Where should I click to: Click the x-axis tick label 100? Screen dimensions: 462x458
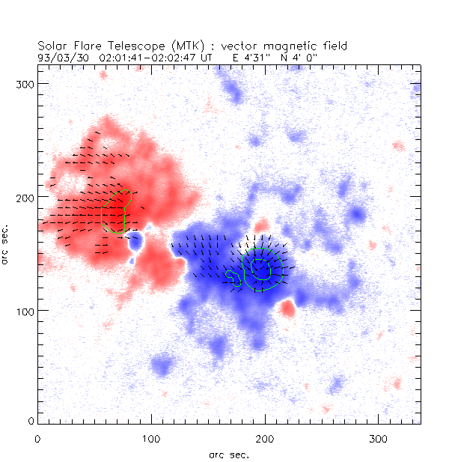[151, 438]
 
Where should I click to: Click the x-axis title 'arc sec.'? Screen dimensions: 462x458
[228, 454]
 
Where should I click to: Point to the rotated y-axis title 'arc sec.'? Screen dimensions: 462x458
[7, 243]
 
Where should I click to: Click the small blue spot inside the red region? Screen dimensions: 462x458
[135, 241]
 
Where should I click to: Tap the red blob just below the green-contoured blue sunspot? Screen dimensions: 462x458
[287, 308]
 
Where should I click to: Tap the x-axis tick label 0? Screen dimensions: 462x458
[37, 438]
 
